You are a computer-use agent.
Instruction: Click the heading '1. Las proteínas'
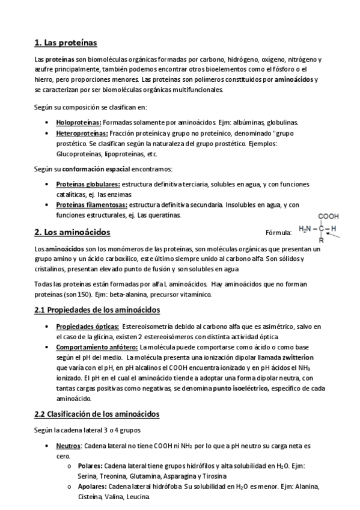click(x=66, y=43)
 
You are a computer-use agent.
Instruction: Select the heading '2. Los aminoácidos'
click(x=72, y=232)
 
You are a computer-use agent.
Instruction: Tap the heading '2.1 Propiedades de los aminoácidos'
click(x=97, y=310)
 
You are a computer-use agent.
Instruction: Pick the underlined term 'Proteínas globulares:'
click(x=88, y=184)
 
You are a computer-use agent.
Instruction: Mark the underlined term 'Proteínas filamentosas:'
click(x=91, y=205)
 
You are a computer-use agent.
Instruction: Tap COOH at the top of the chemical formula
click(x=329, y=217)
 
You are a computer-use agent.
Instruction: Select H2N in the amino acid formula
click(x=307, y=229)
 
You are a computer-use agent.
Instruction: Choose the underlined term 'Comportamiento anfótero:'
click(x=97, y=347)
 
